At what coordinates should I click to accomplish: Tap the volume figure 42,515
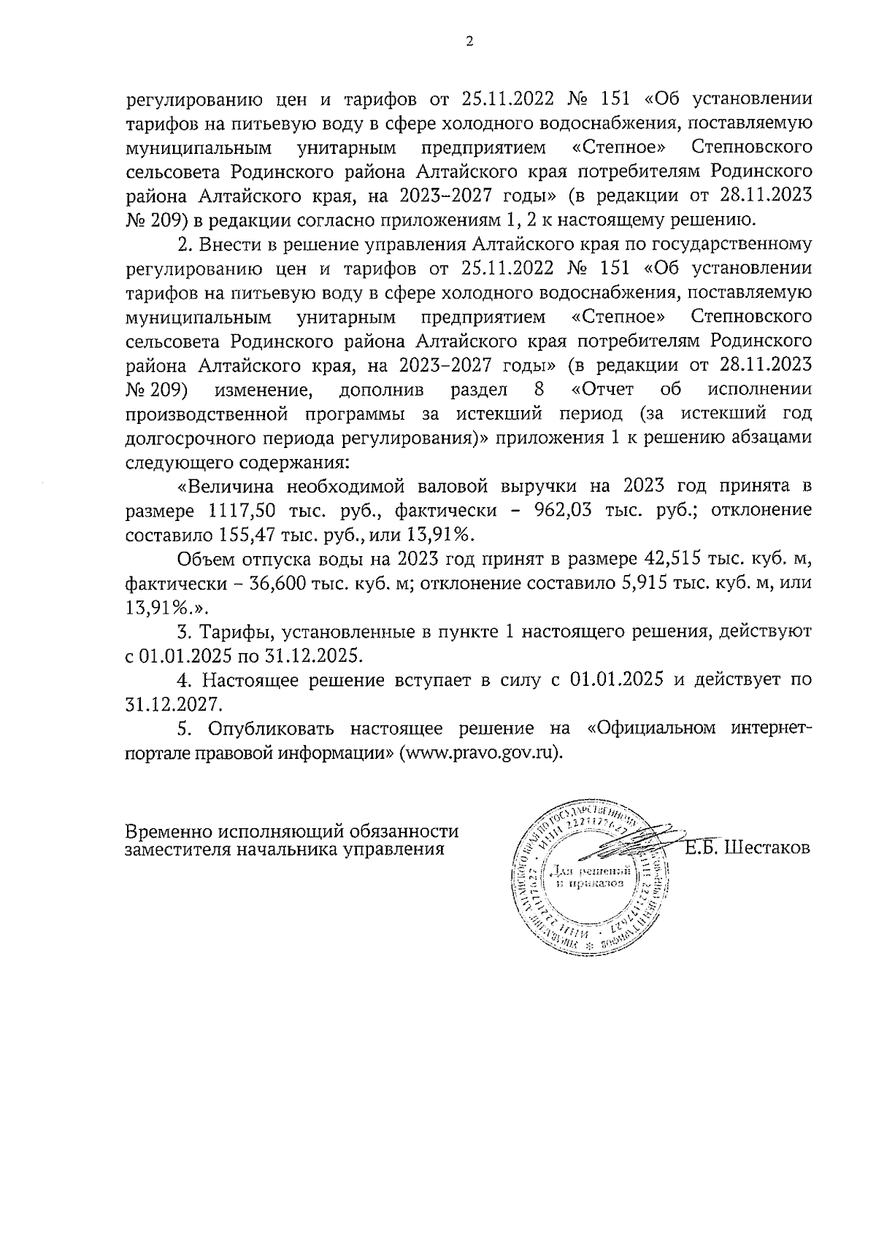[675, 560]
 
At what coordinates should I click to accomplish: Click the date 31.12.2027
[172, 704]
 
